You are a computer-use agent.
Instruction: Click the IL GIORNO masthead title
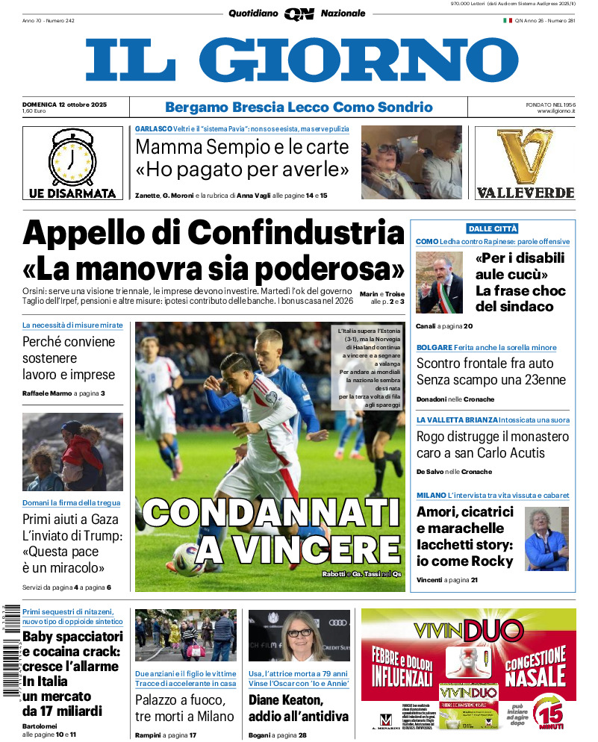coord(301,60)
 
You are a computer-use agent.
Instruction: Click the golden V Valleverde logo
coord(525,157)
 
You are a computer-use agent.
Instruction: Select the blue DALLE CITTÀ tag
coord(492,228)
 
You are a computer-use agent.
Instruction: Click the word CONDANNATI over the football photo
coord(271,515)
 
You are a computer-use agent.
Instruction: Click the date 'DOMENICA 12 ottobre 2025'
coord(65,104)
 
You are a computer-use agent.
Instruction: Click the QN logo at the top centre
coord(299,13)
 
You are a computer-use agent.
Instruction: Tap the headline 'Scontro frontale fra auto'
coord(485,364)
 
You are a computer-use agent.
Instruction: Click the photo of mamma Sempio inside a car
coord(411,162)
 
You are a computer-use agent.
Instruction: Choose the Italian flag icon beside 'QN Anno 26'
coord(507,20)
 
